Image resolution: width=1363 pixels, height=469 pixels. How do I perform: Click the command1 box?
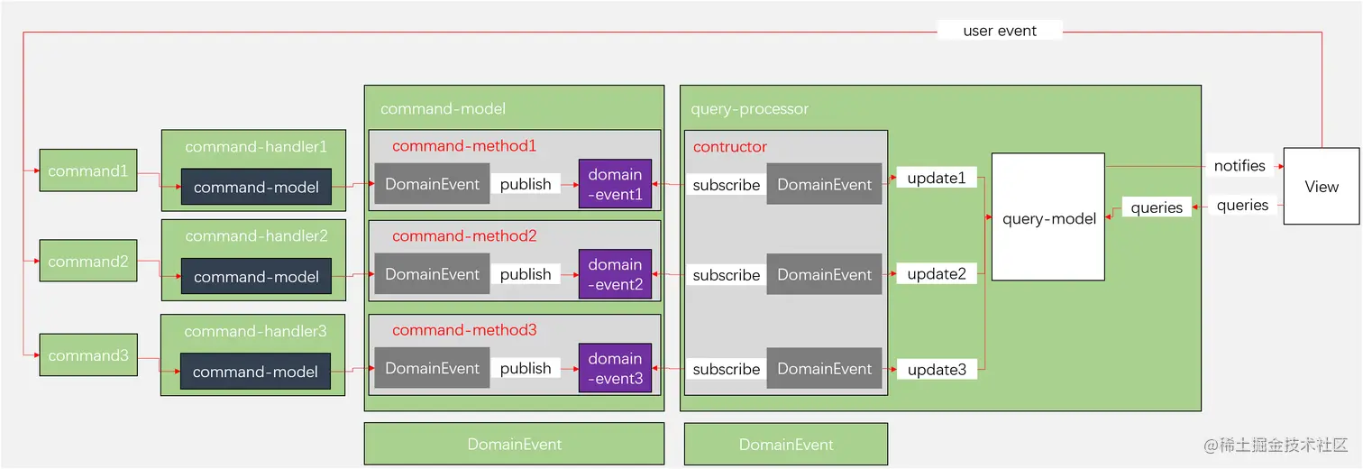click(87, 170)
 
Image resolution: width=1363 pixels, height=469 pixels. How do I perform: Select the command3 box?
click(87, 355)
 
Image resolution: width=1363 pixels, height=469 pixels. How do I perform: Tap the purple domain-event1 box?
click(615, 184)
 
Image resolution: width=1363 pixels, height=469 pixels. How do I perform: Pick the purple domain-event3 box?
click(615, 368)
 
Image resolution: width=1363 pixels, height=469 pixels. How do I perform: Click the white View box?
click(1321, 187)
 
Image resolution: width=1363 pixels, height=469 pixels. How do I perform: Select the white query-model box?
click(1048, 218)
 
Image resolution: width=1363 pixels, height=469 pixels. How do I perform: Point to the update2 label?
click(937, 274)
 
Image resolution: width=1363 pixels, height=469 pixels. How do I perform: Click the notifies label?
click(1240, 166)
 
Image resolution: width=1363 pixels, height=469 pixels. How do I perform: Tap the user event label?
click(1000, 31)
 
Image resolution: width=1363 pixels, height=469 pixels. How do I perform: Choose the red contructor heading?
click(730, 146)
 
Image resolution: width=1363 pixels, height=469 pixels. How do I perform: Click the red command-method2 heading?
click(464, 236)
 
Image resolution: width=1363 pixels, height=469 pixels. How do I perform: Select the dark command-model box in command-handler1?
click(256, 188)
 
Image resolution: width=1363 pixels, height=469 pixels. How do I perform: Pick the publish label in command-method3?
click(526, 368)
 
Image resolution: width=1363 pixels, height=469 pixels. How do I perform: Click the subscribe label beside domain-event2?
click(726, 275)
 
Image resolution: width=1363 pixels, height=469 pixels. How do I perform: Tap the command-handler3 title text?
click(255, 331)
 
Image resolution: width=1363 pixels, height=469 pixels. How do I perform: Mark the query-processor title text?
click(749, 109)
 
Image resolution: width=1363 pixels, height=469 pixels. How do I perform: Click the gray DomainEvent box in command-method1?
click(433, 184)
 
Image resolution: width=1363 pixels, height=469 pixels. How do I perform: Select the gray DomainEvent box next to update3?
click(824, 368)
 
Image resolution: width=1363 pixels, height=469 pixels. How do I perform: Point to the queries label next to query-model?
click(1157, 207)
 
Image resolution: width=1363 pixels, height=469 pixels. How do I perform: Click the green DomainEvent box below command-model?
click(514, 444)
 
